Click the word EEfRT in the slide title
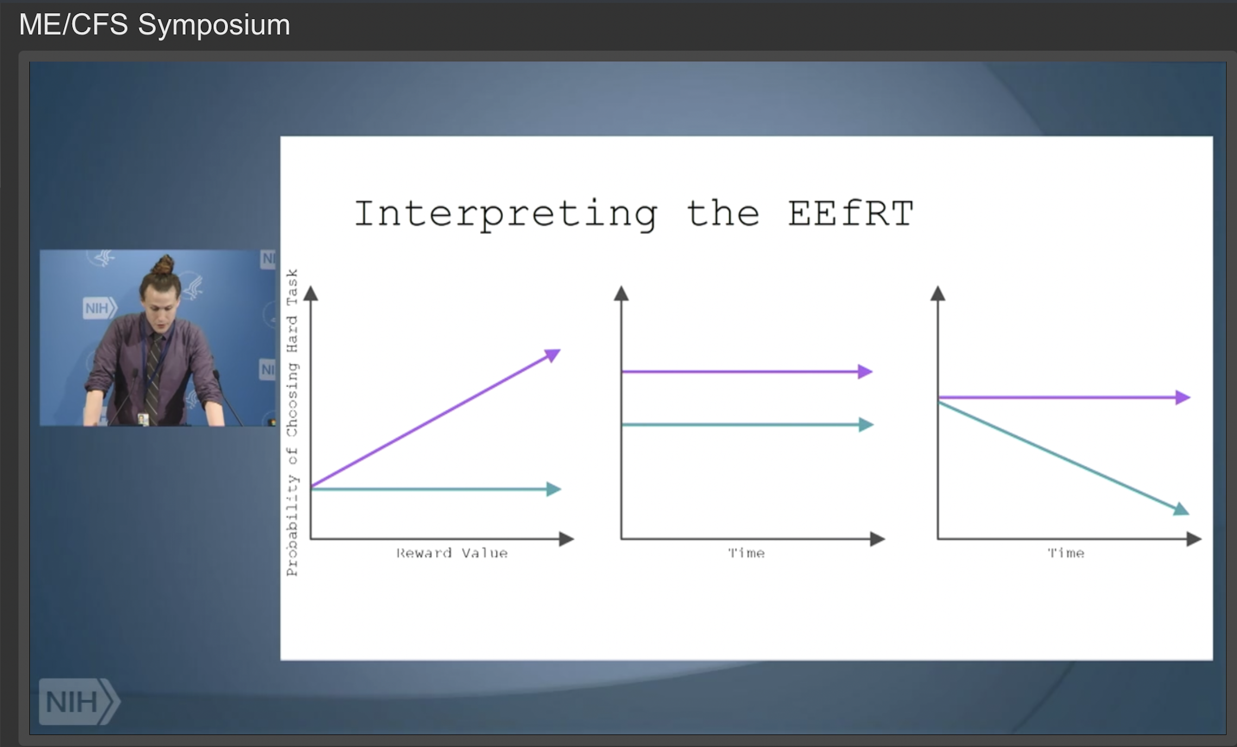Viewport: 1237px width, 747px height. (x=851, y=213)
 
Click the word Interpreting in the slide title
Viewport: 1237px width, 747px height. (x=506, y=215)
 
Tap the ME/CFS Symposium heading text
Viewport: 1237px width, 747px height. (x=155, y=25)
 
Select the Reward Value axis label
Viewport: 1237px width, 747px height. (x=452, y=553)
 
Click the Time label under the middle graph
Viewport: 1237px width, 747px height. (x=746, y=553)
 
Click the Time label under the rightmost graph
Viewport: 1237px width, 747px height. (x=1066, y=553)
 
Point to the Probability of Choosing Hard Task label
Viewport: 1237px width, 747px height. (x=292, y=422)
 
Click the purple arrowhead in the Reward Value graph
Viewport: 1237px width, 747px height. (x=553, y=355)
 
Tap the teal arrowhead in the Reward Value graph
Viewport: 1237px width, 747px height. (x=554, y=489)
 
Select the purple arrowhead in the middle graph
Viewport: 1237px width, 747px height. (x=865, y=372)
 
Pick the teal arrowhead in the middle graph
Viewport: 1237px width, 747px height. (x=866, y=425)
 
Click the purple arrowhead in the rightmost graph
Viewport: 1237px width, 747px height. (x=1183, y=397)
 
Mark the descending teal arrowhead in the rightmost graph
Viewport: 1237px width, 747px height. (x=1182, y=509)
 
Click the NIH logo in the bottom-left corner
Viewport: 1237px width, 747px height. (x=79, y=701)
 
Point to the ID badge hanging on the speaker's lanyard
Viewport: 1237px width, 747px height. (x=143, y=419)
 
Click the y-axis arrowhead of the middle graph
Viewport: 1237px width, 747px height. (x=621, y=293)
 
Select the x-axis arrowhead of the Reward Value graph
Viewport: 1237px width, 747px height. (x=567, y=539)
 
